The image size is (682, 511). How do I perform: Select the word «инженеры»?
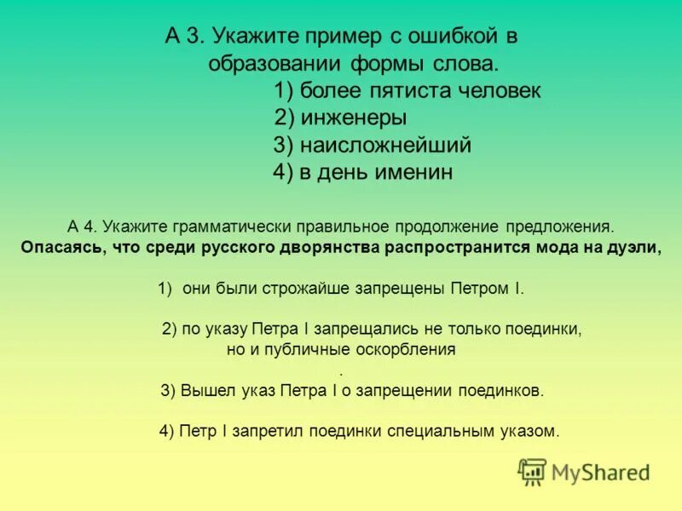click(x=353, y=118)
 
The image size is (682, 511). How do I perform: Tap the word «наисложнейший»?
click(x=385, y=146)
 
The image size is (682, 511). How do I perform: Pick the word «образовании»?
click(x=274, y=64)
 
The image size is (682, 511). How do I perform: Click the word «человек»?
click(x=499, y=91)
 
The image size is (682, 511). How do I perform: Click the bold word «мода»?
click(x=564, y=248)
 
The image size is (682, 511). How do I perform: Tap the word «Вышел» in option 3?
click(x=204, y=391)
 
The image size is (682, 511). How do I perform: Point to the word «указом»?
click(x=529, y=432)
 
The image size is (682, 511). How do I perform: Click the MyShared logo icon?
click(x=532, y=472)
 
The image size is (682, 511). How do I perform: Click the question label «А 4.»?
click(x=84, y=227)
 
